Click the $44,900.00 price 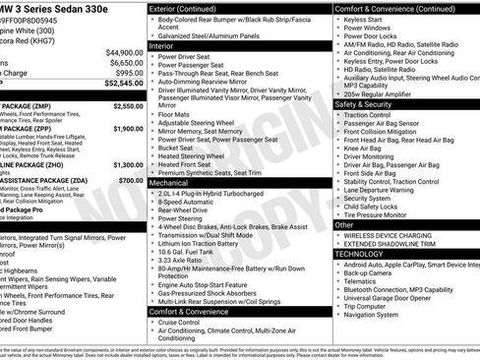[124, 52]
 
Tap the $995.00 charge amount [129, 73]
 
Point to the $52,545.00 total [123, 84]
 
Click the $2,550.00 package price [128, 105]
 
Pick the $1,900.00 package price [128, 128]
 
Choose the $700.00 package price [131, 181]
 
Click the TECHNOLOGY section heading [359, 254]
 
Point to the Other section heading [344, 224]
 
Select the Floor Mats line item [175, 114]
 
